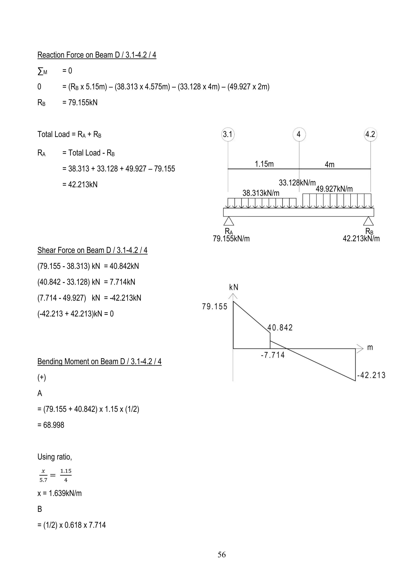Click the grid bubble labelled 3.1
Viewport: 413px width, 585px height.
click(228, 134)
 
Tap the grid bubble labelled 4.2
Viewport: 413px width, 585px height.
click(370, 134)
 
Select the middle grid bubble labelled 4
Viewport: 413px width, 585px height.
click(299, 134)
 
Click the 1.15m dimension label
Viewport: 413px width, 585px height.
click(264, 164)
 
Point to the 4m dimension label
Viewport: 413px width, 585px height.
click(330, 165)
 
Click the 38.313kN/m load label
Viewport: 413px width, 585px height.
click(261, 193)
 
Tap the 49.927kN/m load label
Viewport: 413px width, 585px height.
click(334, 189)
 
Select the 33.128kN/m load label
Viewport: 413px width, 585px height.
click(297, 183)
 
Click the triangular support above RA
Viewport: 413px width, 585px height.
click(229, 221)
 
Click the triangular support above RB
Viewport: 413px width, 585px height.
click(368, 221)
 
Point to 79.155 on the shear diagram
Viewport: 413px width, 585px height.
click(215, 306)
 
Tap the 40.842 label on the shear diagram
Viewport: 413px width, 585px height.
click(280, 328)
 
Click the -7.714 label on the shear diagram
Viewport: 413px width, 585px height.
click(273, 355)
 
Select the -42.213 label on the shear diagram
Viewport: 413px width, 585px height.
click(371, 375)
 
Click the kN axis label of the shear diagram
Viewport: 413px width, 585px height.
click(234, 287)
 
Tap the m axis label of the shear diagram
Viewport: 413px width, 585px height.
click(370, 347)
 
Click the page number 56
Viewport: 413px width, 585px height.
click(221, 555)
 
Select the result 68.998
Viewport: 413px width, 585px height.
click(51, 425)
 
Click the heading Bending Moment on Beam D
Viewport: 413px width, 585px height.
click(99, 362)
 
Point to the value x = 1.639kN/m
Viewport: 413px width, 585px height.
click(59, 493)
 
